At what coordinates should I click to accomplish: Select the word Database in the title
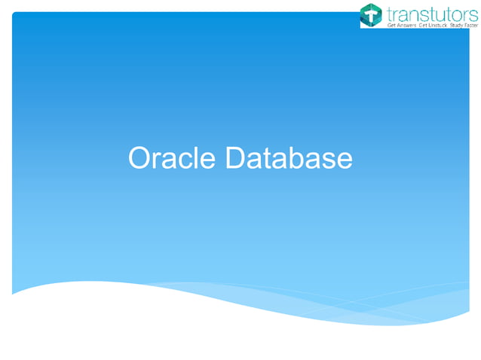(x=288, y=159)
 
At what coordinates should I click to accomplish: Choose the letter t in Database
(x=266, y=159)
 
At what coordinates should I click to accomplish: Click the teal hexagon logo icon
(x=371, y=14)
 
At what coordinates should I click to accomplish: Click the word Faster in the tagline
(x=470, y=26)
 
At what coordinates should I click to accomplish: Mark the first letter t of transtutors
(x=389, y=12)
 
